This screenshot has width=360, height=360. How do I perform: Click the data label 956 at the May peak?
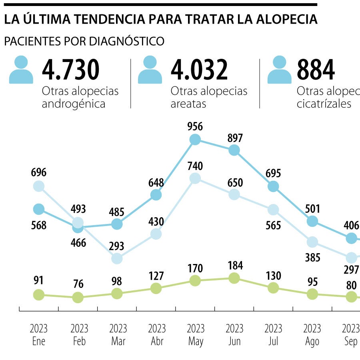click(x=195, y=127)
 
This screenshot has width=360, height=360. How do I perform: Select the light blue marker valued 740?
click(x=195, y=178)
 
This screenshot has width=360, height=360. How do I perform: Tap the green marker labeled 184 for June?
click(x=234, y=278)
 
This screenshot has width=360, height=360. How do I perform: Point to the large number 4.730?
click(x=70, y=70)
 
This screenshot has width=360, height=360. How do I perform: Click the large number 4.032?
click(x=199, y=70)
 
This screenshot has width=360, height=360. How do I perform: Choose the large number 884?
click(x=316, y=70)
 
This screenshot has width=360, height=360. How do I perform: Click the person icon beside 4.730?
click(x=21, y=70)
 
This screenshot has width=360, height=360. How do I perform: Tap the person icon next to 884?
click(x=279, y=70)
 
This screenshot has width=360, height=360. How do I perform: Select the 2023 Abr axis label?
click(x=156, y=335)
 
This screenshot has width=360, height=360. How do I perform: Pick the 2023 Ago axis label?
click(x=312, y=335)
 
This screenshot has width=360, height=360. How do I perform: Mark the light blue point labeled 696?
click(x=38, y=186)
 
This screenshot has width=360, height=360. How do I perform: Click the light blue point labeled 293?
click(x=117, y=258)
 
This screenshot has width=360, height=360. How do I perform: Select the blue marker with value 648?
click(x=156, y=195)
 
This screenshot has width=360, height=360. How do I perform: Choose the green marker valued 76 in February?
click(x=78, y=297)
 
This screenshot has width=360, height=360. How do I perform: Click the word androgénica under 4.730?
click(x=74, y=104)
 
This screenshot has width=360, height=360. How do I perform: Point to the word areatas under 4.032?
click(x=188, y=104)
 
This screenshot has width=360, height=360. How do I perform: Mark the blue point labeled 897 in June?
click(x=234, y=150)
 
